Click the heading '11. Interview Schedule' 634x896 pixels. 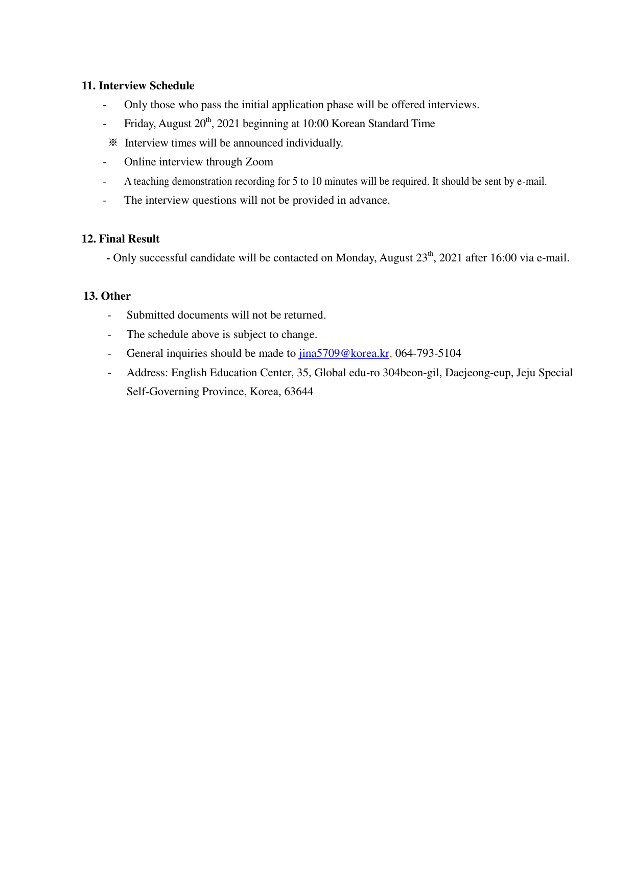[138, 86]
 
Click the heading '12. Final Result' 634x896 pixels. [121, 239]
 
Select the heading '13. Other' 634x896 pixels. [107, 296]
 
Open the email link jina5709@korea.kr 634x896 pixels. [344, 353]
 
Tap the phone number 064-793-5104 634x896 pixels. [428, 353]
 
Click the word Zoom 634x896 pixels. [259, 162]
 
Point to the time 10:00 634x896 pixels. [315, 124]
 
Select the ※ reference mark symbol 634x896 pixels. [113, 143]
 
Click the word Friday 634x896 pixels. [139, 124]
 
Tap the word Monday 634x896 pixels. [356, 258]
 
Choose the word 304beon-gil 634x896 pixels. [411, 373]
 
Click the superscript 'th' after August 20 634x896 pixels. [208, 120]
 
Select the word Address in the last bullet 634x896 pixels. [147, 373]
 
